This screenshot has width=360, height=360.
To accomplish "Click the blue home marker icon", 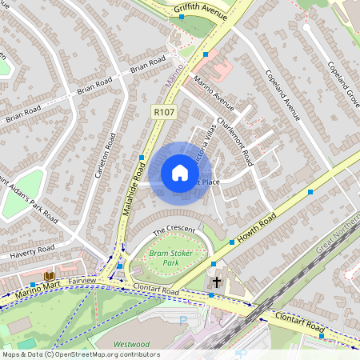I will tap(180, 173).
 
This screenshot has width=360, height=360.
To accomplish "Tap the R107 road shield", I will tap(163, 114).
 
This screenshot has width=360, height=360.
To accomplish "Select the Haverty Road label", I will tap(30, 254).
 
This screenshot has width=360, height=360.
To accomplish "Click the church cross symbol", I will tap(216, 282).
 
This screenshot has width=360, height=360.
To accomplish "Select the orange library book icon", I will tap(49, 276).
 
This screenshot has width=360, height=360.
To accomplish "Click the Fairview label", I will tap(82, 282).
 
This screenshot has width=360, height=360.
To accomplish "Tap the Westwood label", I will tap(131, 346).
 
